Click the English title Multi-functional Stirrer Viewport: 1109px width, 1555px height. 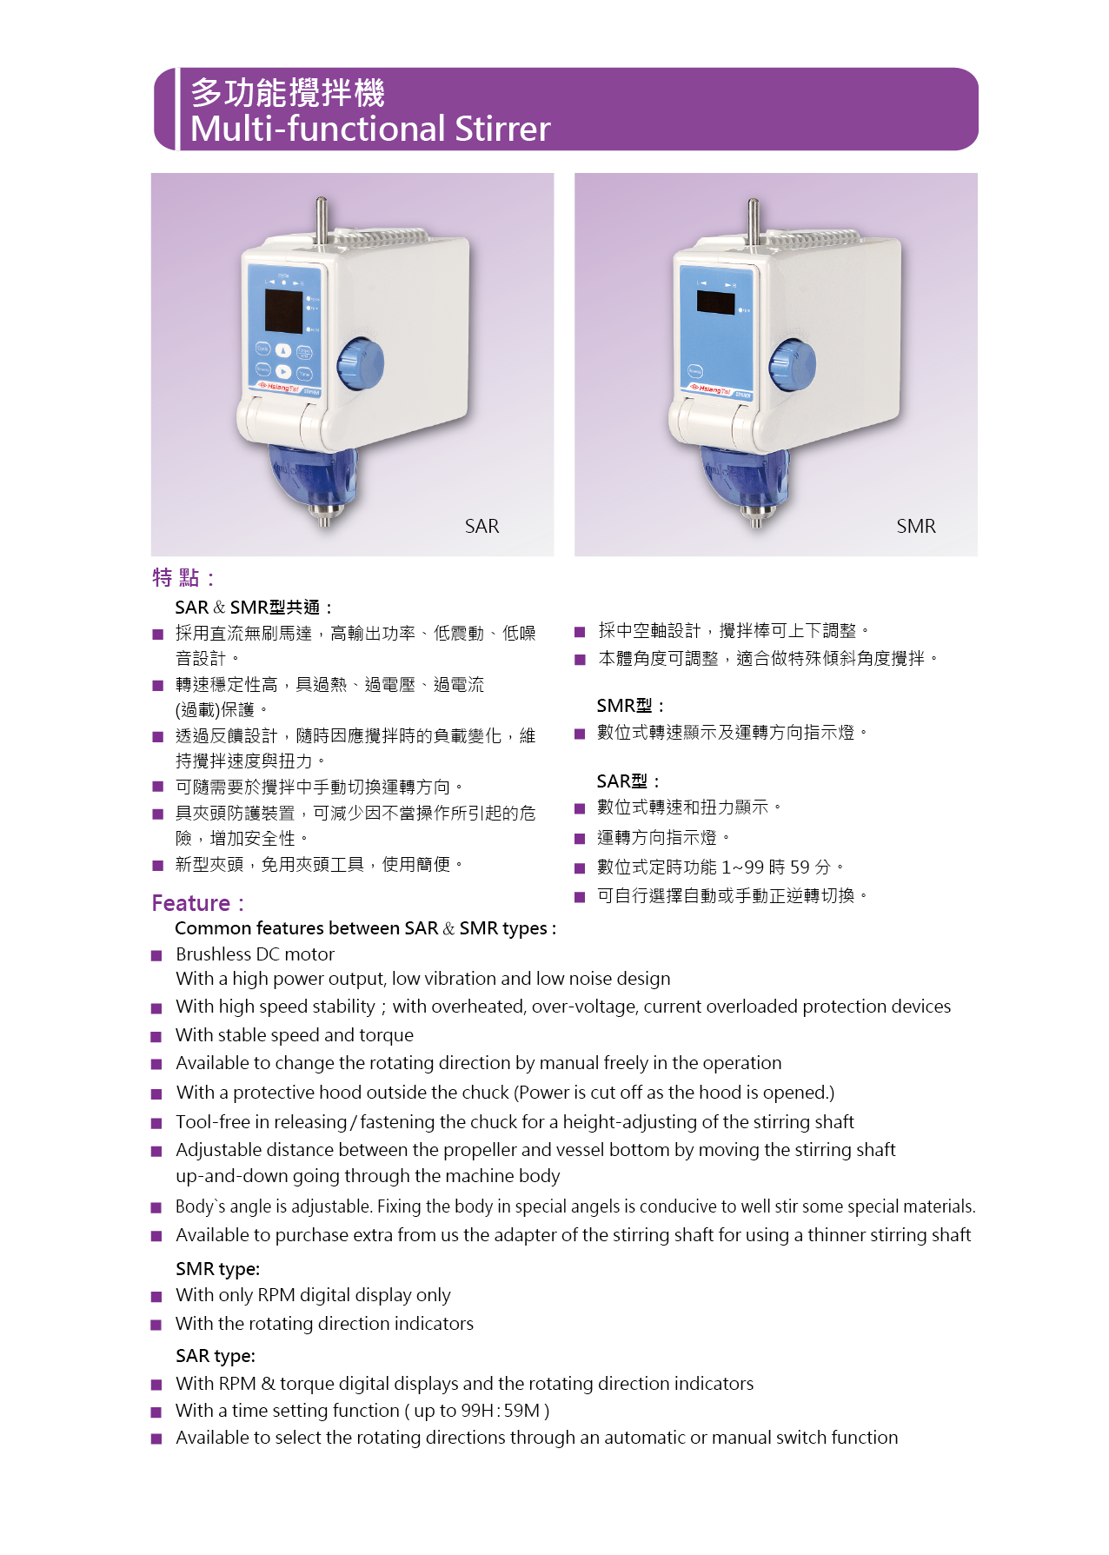(x=370, y=129)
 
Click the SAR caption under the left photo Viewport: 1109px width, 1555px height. (x=481, y=526)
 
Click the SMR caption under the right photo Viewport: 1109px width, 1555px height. (x=916, y=526)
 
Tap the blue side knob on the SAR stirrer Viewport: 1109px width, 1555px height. (x=361, y=364)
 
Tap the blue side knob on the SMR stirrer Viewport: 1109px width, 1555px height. (x=793, y=363)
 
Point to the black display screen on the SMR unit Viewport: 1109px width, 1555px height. (x=716, y=302)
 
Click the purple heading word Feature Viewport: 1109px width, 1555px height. (x=190, y=903)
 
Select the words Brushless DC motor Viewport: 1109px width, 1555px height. (x=255, y=954)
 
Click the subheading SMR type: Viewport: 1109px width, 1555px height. (x=217, y=1269)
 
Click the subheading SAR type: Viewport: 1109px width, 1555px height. (x=216, y=1356)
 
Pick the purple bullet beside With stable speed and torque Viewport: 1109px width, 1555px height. (x=156, y=1037)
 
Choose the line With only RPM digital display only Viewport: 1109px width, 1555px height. (x=313, y=1295)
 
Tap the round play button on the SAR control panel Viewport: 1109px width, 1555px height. (x=283, y=371)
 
